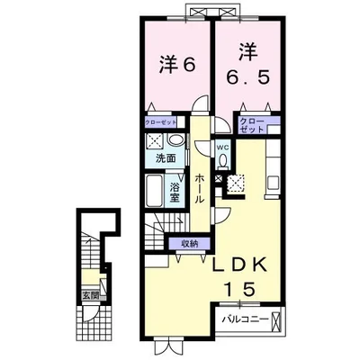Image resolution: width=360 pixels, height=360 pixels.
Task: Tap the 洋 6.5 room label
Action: (247, 66)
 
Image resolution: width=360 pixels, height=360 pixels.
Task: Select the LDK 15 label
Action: (240, 276)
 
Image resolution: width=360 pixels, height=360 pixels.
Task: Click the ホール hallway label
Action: (200, 188)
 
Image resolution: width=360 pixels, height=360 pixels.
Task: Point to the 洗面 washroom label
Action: (166, 158)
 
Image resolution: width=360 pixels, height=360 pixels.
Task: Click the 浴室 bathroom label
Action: (175, 193)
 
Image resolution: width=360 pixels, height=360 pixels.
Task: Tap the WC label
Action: (223, 148)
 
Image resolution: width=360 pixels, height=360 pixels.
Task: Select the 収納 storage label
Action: (190, 244)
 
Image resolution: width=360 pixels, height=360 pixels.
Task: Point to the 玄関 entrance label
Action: (91, 295)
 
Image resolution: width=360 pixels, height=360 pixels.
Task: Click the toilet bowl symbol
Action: (223, 161)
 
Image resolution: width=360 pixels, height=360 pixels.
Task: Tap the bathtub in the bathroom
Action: (156, 191)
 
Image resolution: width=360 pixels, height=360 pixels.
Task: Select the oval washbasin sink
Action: (176, 140)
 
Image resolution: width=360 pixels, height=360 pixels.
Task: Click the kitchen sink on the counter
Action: (274, 184)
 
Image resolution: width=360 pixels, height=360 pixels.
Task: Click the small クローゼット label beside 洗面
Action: (160, 122)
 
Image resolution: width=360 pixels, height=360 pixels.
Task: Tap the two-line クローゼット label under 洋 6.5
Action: (252, 126)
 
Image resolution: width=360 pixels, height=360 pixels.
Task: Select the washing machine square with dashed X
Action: (155, 141)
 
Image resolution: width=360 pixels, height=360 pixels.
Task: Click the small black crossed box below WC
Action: (219, 178)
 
